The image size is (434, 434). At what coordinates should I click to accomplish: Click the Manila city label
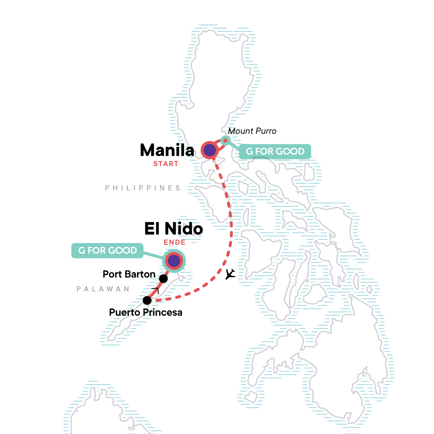point(167,150)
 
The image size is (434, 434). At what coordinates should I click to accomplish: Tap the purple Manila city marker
point(210,150)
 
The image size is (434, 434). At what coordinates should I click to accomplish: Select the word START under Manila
point(166,164)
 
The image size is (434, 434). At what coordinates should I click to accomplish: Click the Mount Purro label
point(252,131)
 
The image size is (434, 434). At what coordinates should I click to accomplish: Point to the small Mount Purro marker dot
point(225,140)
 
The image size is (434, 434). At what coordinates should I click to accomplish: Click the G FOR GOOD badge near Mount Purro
point(275,152)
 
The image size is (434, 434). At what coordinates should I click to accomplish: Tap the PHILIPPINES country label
point(142,188)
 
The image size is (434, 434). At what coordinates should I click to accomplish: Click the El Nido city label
point(174,229)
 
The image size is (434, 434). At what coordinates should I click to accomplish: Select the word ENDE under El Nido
point(174,242)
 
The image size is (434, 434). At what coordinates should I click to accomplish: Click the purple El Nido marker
point(174,260)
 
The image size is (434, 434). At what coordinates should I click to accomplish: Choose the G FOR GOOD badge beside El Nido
point(107,250)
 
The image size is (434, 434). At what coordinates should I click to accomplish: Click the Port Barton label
point(129,274)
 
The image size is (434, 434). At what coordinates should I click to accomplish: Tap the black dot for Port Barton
point(163,278)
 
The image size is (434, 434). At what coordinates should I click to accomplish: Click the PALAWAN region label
point(103,289)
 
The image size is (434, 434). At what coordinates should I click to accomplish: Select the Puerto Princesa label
point(145,312)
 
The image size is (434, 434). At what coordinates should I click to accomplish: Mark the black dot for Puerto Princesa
point(147,300)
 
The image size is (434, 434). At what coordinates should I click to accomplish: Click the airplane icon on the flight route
point(230,274)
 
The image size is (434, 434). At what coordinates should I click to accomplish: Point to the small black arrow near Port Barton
point(156,290)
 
